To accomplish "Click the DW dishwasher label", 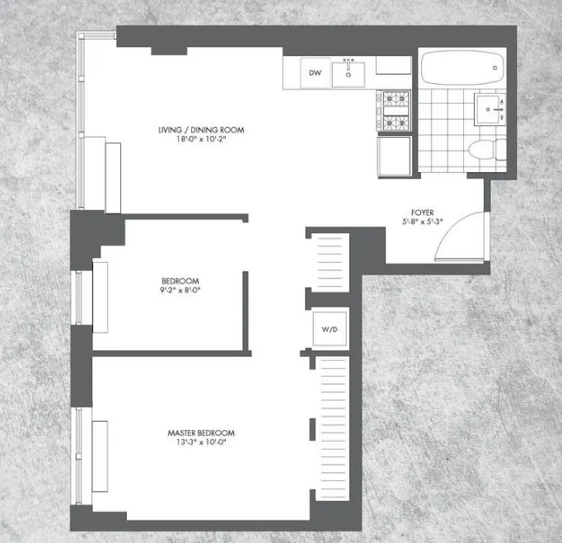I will tap(315, 73).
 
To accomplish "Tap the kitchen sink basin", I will tap(349, 76).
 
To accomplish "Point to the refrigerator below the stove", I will tap(394, 156).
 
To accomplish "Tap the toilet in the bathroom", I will tap(483, 150).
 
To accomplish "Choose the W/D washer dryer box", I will tap(329, 330).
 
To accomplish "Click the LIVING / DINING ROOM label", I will tap(202, 130).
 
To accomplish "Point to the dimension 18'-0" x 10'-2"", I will tap(202, 140).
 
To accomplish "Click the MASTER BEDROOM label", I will tap(202, 433).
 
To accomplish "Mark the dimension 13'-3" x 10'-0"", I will tap(202, 443).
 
